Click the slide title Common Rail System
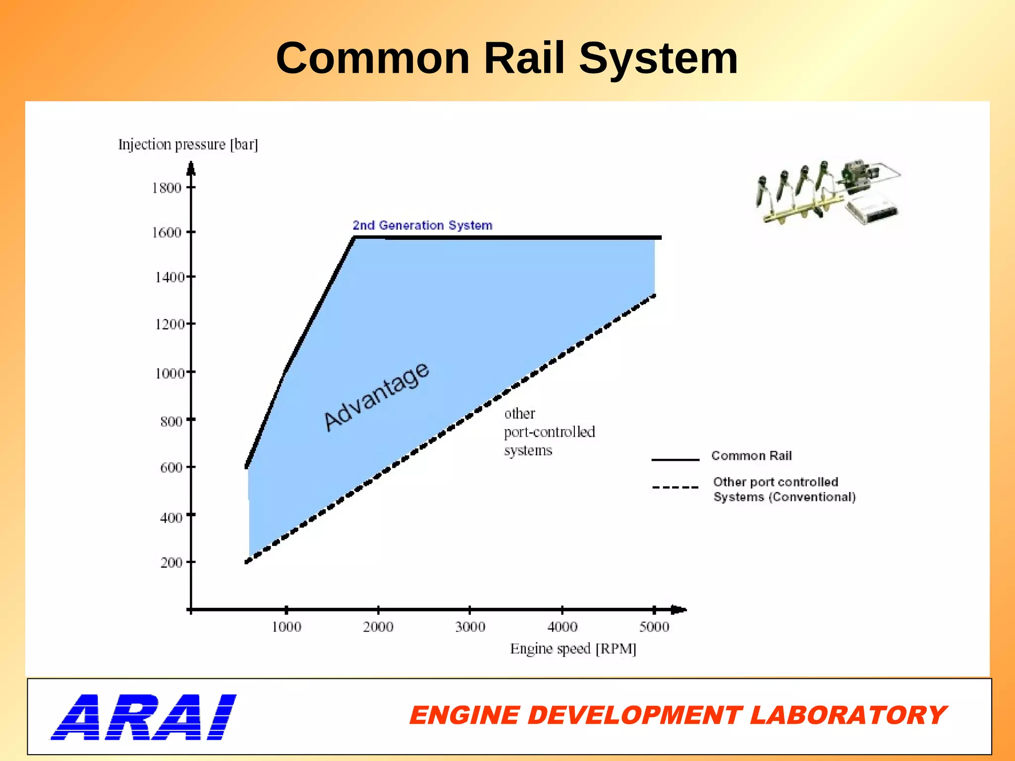click(507, 58)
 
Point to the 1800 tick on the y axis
click(167, 188)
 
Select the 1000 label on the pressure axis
click(169, 373)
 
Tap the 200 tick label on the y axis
click(171, 563)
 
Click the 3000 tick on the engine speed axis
click(470, 627)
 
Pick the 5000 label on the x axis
click(654, 627)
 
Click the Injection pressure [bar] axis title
click(188, 144)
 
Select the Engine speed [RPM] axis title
click(573, 649)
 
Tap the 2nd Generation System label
click(422, 225)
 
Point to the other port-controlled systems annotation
click(549, 432)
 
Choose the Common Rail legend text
click(751, 456)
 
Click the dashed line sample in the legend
click(675, 488)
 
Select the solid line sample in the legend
click(675, 460)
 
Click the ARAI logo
click(144, 717)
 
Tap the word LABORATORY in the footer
click(847, 716)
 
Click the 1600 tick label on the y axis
click(167, 232)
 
